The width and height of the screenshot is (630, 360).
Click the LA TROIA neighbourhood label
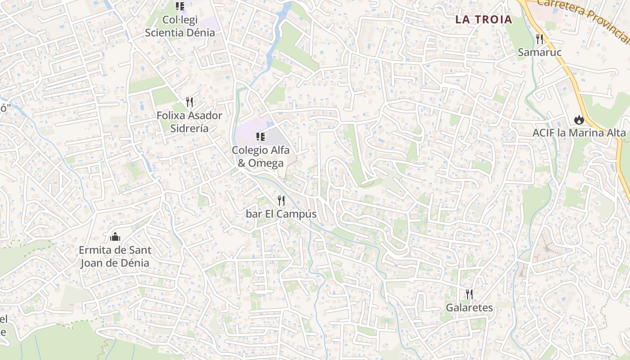click(x=483, y=19)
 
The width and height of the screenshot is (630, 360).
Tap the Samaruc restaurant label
click(x=540, y=52)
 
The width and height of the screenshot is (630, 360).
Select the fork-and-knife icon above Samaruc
click(x=540, y=39)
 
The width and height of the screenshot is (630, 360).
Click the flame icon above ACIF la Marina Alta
click(x=579, y=120)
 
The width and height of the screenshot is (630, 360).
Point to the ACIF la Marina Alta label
click(x=579, y=133)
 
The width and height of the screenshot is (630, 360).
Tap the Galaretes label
click(x=469, y=308)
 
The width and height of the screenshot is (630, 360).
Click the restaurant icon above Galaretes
click(x=469, y=294)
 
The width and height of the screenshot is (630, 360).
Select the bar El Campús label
click(x=281, y=214)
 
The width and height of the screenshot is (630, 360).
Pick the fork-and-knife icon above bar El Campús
click(x=281, y=200)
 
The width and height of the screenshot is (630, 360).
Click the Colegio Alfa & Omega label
click(x=261, y=156)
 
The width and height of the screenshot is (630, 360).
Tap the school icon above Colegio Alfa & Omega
click(x=260, y=137)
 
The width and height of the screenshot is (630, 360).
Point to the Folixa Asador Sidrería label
click(x=189, y=121)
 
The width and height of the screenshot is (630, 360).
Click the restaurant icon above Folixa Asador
click(x=189, y=102)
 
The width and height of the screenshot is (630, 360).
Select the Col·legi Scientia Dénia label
click(x=180, y=27)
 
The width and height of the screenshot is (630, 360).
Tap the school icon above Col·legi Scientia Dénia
click(x=180, y=6)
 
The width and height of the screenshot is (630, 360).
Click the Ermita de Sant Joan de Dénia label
click(x=115, y=256)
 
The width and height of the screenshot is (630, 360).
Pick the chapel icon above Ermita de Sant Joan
click(x=115, y=236)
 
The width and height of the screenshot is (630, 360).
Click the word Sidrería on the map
click(x=189, y=128)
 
